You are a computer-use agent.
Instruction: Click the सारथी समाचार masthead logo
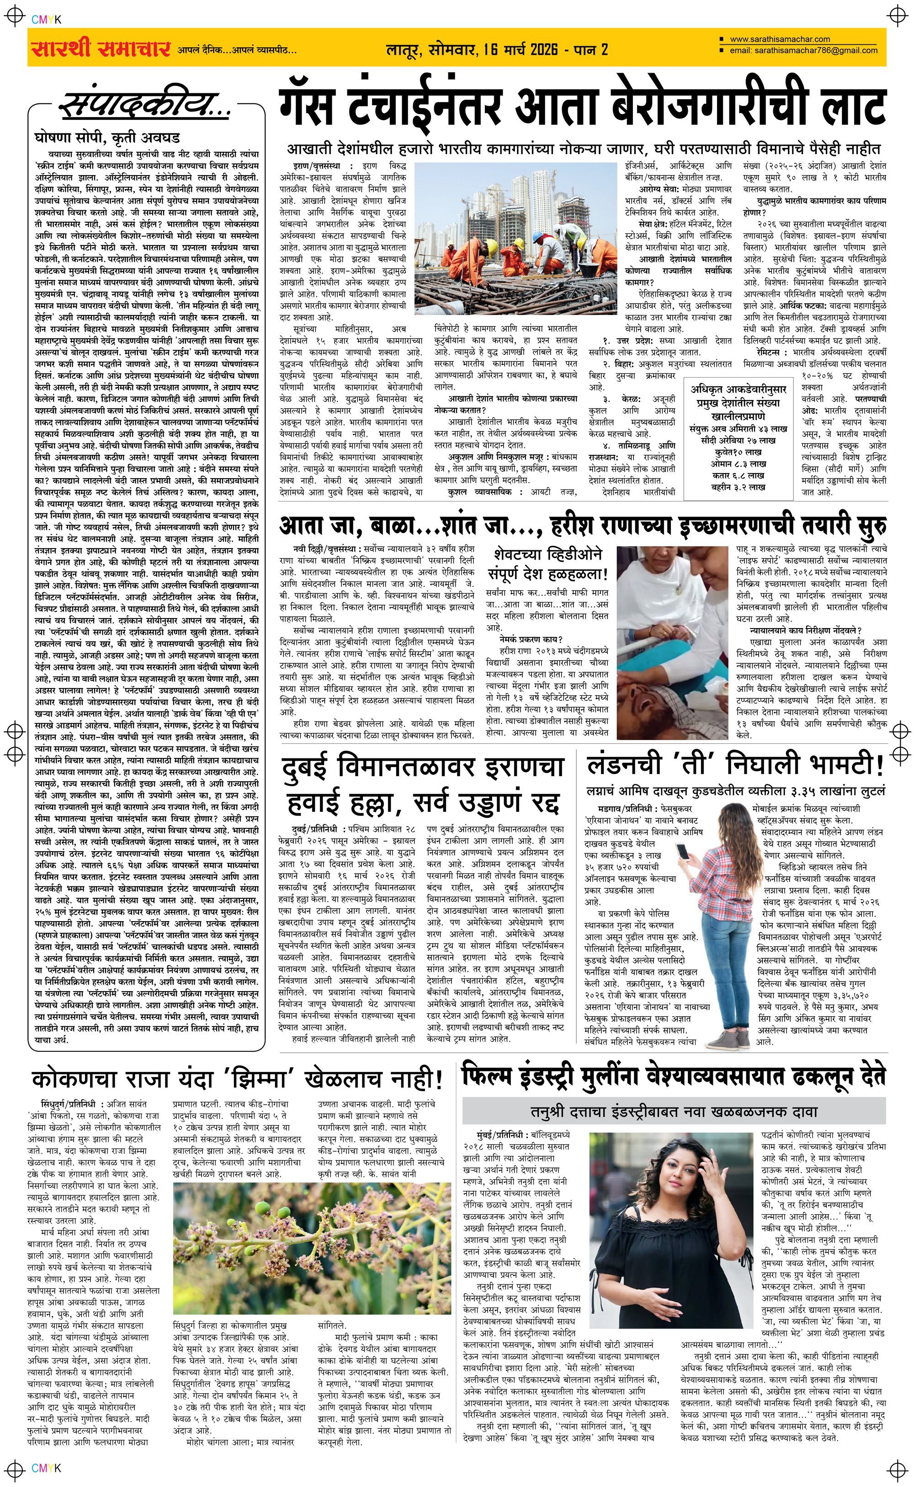100,48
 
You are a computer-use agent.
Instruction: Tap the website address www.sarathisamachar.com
779,39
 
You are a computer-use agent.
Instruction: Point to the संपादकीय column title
145,105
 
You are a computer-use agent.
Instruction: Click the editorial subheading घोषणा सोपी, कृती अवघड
107,138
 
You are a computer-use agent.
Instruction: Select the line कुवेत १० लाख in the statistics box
737,452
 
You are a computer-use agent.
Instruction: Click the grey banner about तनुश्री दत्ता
674,1112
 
